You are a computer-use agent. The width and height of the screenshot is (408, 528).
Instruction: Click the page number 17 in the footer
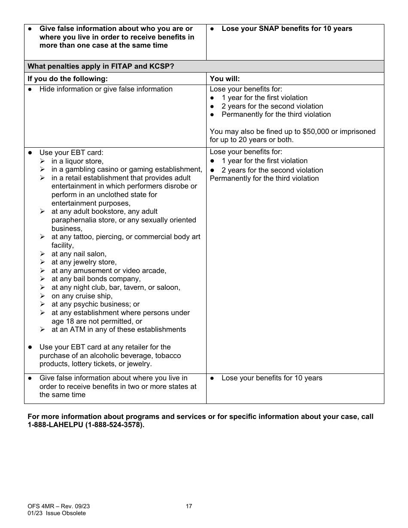pyautogui.click(x=189, y=506)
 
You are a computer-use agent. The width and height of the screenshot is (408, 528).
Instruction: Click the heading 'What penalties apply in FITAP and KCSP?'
pyautogui.click(x=100, y=66)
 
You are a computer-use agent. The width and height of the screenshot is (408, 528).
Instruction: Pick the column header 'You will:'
pyautogui.click(x=225, y=79)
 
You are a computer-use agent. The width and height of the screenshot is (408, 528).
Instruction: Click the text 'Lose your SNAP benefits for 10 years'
pyautogui.click(x=286, y=29)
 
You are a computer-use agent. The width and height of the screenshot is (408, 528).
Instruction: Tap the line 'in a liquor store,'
pyautogui.click(x=77, y=161)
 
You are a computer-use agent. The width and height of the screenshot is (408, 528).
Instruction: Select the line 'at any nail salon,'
pyautogui.click(x=79, y=254)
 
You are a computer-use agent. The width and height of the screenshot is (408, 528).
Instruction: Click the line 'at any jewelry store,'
pyautogui.click(x=84, y=262)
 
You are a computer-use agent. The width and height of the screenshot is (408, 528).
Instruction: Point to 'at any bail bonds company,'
pyautogui.click(x=96, y=279)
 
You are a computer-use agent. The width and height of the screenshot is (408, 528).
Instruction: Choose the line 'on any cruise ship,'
pyautogui.click(x=82, y=296)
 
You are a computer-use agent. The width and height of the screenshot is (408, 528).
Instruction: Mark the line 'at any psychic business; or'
pyautogui.click(x=95, y=304)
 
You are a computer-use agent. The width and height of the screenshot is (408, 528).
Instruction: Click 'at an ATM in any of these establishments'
pyautogui.click(x=119, y=329)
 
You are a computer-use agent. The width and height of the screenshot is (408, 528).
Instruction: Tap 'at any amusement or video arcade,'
pyautogui.click(x=109, y=270)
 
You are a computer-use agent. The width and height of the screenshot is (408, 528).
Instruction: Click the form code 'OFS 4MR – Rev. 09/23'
pyautogui.click(x=58, y=506)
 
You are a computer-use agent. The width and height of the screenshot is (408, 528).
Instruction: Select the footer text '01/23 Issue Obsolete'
pyautogui.click(x=56, y=513)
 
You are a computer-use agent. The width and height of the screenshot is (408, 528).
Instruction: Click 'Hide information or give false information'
pyautogui.click(x=106, y=89)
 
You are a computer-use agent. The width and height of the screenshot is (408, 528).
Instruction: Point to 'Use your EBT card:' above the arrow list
pyautogui.click(x=71, y=152)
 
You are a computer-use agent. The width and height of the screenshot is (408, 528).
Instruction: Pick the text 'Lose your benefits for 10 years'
pyautogui.click(x=271, y=378)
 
